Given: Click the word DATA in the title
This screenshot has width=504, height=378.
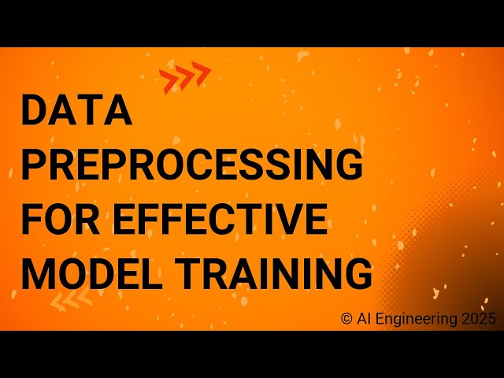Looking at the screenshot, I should (76, 110).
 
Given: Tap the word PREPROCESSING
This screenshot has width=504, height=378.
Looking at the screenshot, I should (191, 165).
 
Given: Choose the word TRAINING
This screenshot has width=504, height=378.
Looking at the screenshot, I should (274, 272).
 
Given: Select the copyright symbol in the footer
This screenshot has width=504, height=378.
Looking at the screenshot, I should (346, 318).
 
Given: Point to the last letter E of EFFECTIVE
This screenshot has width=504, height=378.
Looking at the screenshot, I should (316, 218).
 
